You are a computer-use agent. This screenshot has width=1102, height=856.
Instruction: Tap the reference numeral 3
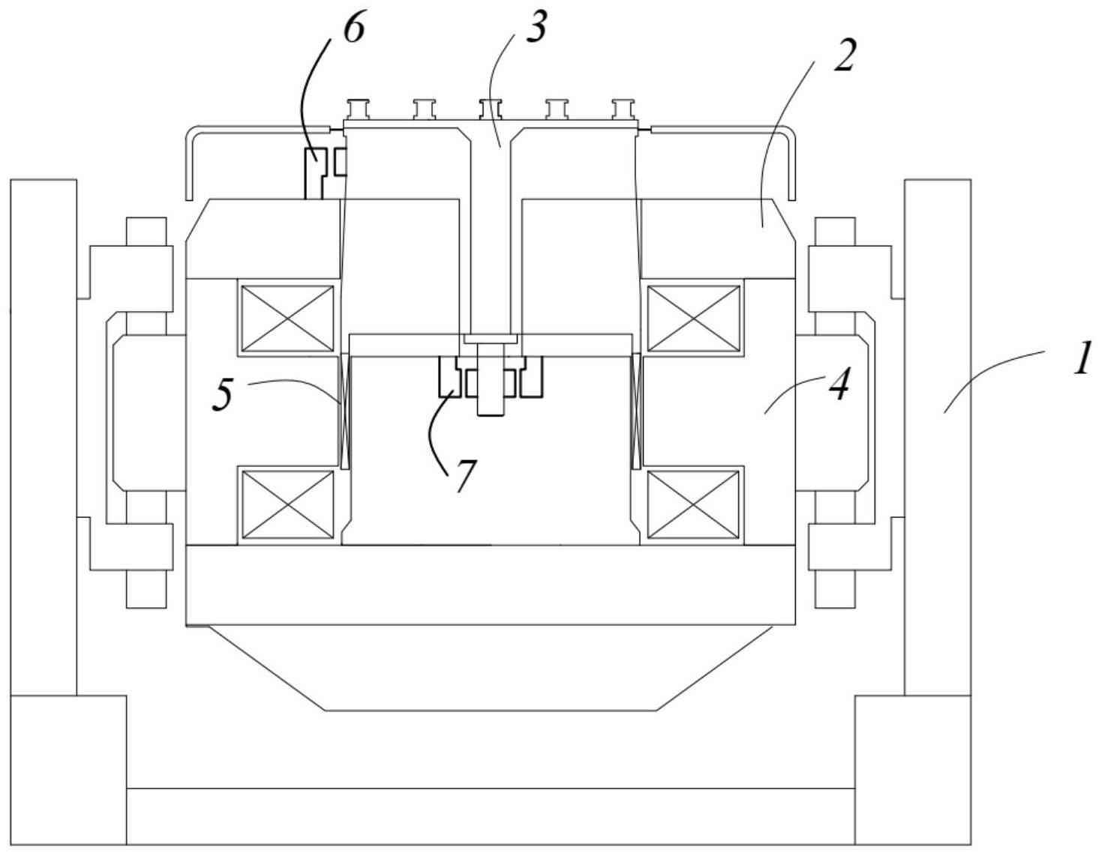pos(536,25)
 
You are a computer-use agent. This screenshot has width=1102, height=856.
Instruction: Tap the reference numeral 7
pos(465,475)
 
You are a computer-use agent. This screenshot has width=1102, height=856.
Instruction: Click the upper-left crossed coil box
pos(287,318)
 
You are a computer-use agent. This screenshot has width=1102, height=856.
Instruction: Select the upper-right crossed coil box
pos(693,318)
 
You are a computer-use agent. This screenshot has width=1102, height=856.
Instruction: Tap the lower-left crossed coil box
pos(287,504)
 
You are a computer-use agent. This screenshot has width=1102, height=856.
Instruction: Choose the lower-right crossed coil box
pos(693,504)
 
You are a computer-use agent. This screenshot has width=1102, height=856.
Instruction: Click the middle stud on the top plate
pos(491,109)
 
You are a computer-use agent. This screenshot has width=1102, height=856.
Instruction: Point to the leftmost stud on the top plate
pos(358,109)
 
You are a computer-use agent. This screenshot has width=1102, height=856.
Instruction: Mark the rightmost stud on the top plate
pos(623,109)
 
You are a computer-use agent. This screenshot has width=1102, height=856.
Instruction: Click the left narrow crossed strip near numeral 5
pos(345,412)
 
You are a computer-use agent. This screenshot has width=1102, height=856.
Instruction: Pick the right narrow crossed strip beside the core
pos(635,412)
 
